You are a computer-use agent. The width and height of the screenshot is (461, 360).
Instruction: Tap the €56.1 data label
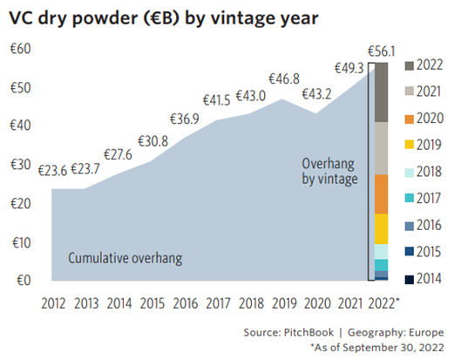(380, 51)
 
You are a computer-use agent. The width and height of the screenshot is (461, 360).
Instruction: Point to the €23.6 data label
(52, 169)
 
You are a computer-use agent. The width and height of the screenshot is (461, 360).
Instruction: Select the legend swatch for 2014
(410, 279)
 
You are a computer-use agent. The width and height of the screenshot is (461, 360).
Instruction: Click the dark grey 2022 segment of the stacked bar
(380, 92)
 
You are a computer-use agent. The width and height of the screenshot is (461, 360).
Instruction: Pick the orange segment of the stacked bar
(380, 194)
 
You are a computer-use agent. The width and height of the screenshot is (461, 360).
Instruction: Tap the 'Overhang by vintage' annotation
(329, 171)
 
